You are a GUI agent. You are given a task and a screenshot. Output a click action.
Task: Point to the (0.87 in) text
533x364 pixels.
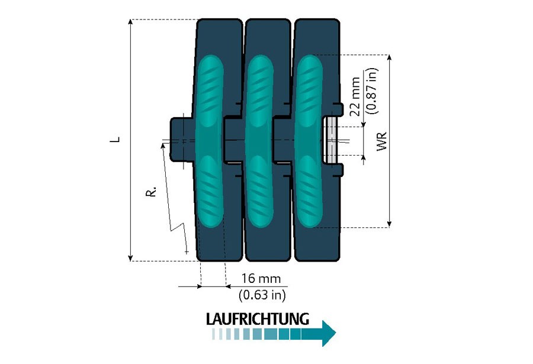[x=371, y=89]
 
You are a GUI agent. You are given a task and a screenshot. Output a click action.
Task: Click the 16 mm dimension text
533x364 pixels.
[x=261, y=279]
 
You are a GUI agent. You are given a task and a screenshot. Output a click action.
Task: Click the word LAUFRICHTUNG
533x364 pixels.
[x=258, y=318]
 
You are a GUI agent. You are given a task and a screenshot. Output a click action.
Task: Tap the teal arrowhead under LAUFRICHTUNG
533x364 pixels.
[x=327, y=334]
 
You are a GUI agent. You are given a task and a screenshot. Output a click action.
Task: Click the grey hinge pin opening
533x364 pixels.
[x=330, y=140]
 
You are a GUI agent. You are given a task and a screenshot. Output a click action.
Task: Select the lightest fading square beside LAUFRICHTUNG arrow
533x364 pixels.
[x=214, y=334]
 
